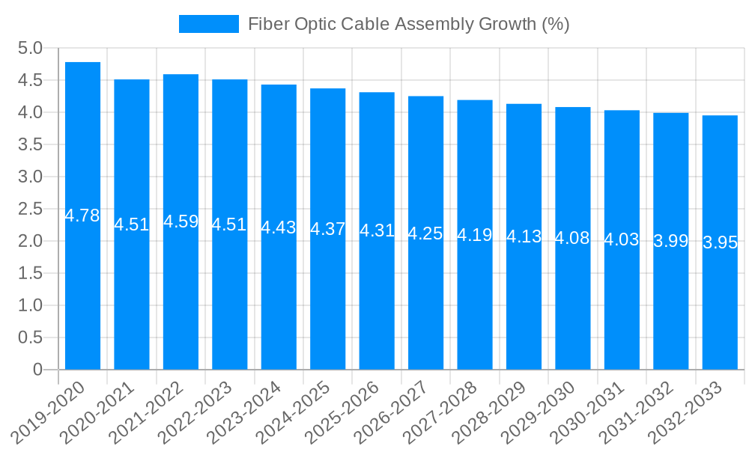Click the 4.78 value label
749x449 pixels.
(82, 216)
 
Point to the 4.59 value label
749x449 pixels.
(181, 222)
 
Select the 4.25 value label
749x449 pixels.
(425, 233)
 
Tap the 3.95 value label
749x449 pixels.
(720, 242)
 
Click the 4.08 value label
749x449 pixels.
(573, 239)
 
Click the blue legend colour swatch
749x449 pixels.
(208, 24)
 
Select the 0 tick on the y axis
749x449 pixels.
(37, 370)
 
